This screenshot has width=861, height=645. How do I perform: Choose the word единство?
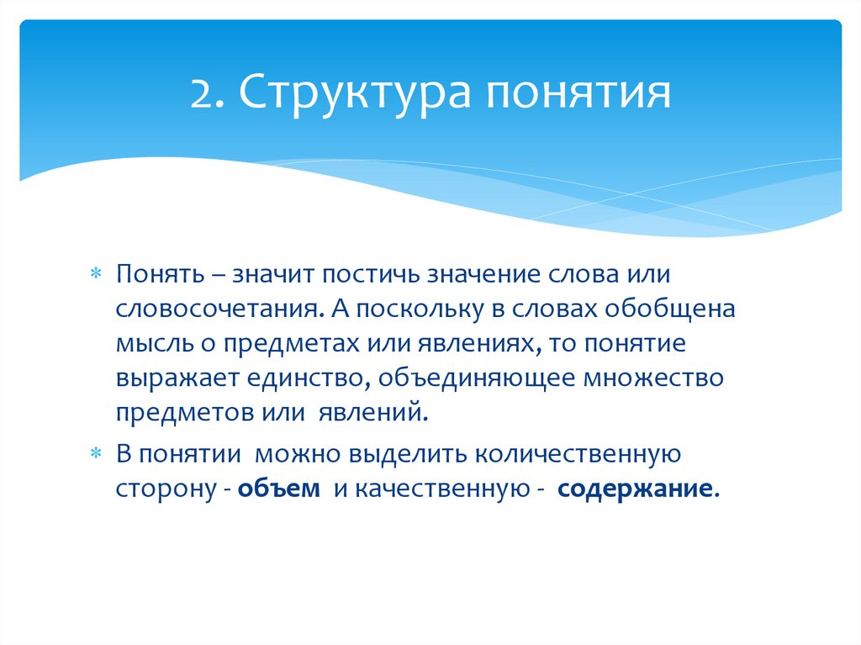[x=304, y=378]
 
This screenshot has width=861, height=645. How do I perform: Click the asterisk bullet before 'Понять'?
[x=95, y=274]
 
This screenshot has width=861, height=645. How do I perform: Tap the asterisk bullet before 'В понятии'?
[x=95, y=455]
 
